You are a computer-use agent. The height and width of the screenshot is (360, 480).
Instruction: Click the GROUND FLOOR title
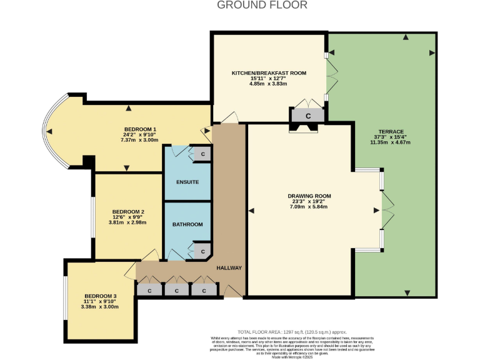(262, 5)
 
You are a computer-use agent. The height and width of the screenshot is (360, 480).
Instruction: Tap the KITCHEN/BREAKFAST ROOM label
(269, 73)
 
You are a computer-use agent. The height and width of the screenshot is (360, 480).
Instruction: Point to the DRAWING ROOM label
(307, 196)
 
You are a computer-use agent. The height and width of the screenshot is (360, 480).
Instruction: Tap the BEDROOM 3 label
(101, 296)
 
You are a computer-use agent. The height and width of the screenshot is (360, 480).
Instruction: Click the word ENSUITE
(187, 182)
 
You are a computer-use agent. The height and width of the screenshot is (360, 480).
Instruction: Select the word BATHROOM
(187, 224)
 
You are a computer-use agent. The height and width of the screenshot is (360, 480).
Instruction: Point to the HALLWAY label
(229, 267)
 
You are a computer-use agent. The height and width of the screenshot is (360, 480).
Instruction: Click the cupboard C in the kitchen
(307, 116)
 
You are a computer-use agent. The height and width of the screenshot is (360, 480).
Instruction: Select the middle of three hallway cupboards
(176, 290)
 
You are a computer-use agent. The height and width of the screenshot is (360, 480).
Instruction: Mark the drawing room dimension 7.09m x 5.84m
(307, 207)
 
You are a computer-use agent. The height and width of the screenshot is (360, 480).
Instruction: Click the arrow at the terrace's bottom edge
(407, 292)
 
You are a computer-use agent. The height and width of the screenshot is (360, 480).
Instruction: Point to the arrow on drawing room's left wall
(251, 211)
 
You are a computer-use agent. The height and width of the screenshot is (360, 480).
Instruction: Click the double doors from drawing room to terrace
(387, 209)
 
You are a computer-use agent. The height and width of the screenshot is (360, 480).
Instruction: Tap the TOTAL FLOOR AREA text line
(292, 332)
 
